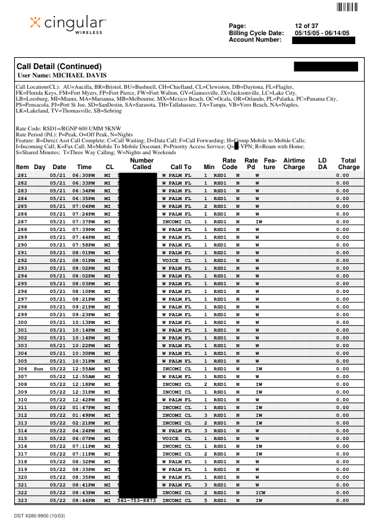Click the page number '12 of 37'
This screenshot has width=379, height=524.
pos(307,26)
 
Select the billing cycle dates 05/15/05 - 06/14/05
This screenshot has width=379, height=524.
pos(322,33)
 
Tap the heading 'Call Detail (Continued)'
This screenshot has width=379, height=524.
pos(59,66)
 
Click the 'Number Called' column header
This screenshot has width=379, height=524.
pos(141,164)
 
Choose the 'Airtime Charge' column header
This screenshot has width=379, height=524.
pos(294,164)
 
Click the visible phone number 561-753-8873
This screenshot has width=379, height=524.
pos(136,500)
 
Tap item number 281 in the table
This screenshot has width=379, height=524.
pos(22,175)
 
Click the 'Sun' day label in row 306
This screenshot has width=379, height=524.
pos(39,369)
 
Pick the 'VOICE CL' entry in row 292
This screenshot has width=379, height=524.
pos(176,260)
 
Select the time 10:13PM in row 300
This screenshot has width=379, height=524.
pos(85,322)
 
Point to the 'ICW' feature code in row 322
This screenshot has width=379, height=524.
pos(260,492)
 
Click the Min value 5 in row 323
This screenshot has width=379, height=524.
pos(206,500)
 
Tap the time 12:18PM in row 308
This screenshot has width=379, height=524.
pos(85,384)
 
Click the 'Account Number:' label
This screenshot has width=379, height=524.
pos(255,40)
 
